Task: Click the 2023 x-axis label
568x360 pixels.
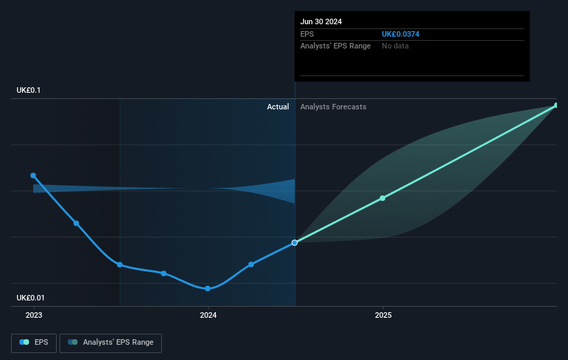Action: [x=33, y=315]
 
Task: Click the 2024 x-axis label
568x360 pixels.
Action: [x=208, y=315]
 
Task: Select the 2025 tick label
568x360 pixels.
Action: [x=383, y=315]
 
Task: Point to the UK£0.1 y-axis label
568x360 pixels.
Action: [x=30, y=91]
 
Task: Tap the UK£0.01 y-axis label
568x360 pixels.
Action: [x=32, y=298]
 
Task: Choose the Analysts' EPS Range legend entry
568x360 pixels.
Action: [x=111, y=342]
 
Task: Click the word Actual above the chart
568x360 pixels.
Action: [x=278, y=107]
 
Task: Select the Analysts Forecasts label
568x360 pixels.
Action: [x=333, y=107]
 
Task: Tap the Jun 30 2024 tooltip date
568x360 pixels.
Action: [x=321, y=21]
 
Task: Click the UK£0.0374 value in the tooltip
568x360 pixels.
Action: [x=401, y=34]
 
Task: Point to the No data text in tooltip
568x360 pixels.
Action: [x=395, y=46]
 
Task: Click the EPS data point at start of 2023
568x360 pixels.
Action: [x=33, y=176]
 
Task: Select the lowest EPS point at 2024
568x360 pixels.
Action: [x=208, y=289]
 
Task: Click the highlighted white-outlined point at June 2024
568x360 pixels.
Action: [x=295, y=242]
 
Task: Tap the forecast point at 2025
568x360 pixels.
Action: [x=383, y=199]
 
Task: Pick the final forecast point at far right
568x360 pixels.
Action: [x=556, y=105]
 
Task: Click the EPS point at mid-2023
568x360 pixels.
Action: [x=120, y=264]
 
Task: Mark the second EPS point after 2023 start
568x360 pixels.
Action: [x=76, y=224]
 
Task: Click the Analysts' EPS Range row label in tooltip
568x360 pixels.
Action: [x=336, y=46]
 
